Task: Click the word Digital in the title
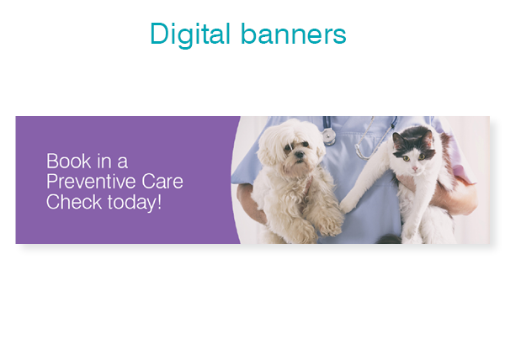(x=190, y=34)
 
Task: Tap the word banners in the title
(x=294, y=33)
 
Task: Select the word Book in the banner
(x=69, y=161)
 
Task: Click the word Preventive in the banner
(x=91, y=181)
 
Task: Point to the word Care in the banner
(x=162, y=181)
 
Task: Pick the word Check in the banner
(x=74, y=202)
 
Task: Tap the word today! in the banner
(x=135, y=203)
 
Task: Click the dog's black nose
(x=300, y=155)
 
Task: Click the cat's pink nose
(x=415, y=168)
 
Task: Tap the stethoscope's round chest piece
(x=329, y=136)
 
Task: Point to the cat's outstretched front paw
(x=347, y=205)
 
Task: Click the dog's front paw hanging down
(x=331, y=226)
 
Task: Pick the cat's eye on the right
(x=422, y=156)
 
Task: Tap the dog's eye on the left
(x=287, y=148)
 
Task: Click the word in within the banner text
(x=104, y=161)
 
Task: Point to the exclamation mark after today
(x=159, y=202)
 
